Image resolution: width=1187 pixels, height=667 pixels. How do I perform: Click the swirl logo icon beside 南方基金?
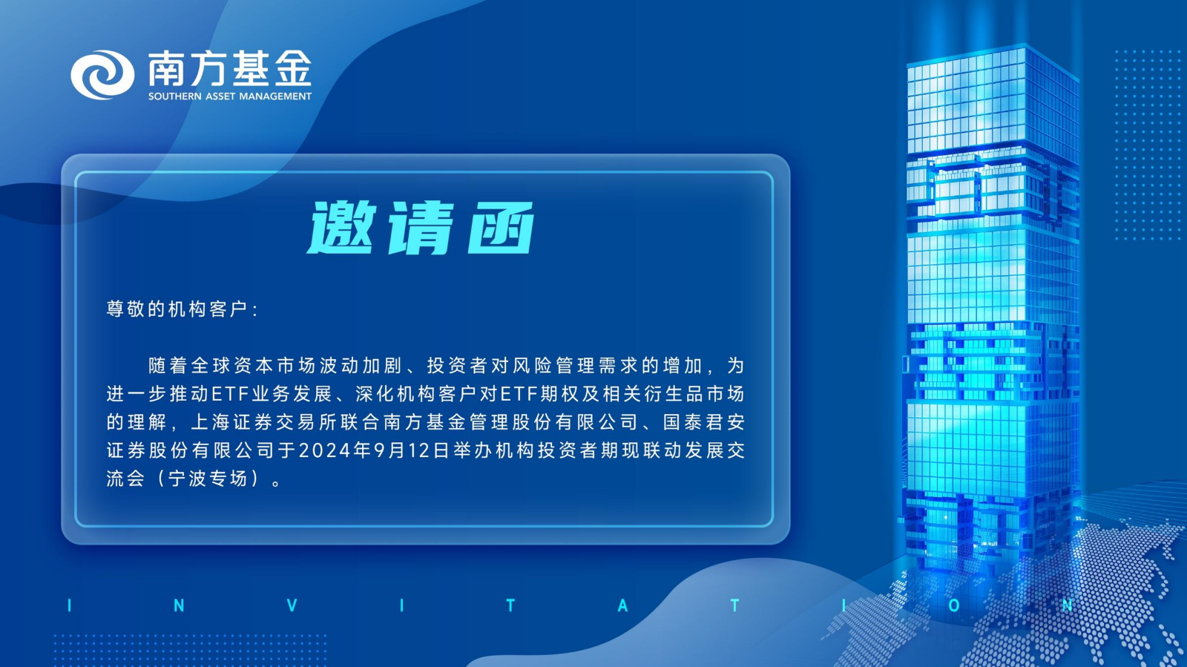click(102, 75)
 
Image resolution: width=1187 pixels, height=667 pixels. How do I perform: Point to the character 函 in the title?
click(500, 228)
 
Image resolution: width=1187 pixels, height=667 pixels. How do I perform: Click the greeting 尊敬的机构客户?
click(177, 309)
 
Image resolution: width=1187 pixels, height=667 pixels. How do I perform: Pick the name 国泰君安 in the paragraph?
click(704, 422)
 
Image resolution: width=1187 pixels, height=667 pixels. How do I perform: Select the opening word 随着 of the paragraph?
click(168, 366)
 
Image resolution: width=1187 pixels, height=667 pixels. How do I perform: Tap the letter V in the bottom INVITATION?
click(292, 605)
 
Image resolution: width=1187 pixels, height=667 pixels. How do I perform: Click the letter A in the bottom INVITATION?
click(623, 605)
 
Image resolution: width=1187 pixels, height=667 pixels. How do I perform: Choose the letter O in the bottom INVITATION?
click(954, 605)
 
